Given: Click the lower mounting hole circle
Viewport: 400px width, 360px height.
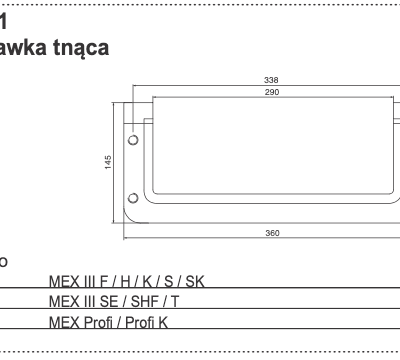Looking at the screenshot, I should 132,195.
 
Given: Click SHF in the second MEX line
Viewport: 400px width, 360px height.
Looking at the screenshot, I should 156,301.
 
